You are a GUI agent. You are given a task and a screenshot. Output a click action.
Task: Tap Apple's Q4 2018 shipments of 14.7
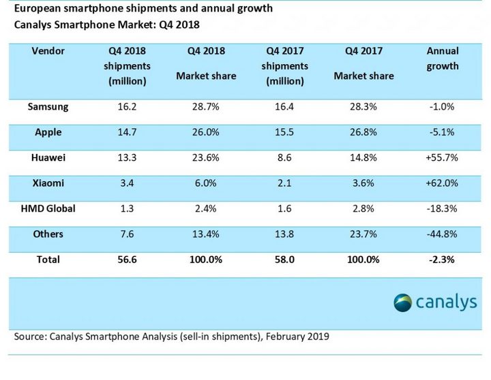coord(128,132)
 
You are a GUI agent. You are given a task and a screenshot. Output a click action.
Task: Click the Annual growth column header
coord(443,59)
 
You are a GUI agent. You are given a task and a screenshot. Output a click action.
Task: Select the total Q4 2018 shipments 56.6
coord(128,259)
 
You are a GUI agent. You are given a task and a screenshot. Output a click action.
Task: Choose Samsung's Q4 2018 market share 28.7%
coord(205,107)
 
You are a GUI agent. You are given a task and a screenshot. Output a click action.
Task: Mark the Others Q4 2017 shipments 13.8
coord(285,234)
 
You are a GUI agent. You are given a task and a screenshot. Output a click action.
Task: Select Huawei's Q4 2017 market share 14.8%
coord(363,158)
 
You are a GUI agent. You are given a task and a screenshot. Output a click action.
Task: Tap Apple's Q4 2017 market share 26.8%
coord(363,132)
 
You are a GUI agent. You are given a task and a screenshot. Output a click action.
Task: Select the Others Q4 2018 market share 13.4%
coord(205,234)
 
